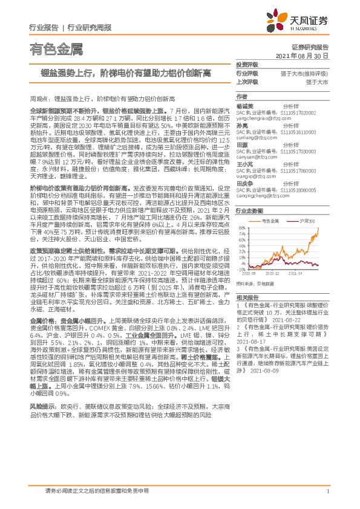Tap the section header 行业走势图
(x=249, y=210)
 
